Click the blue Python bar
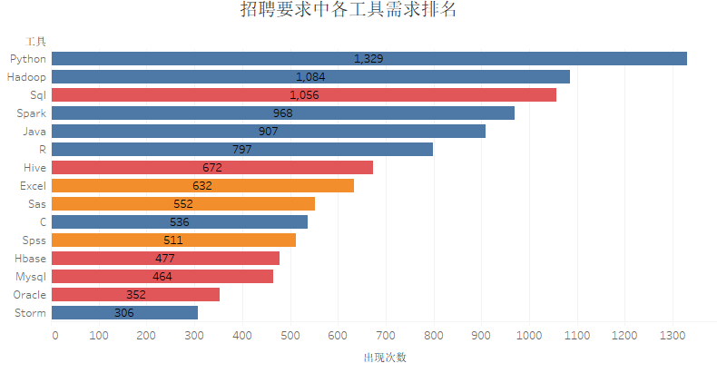(x=369, y=58)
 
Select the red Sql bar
(x=304, y=94)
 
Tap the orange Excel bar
(x=202, y=185)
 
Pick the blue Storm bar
(x=124, y=313)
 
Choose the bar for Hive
(x=212, y=167)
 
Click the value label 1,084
(x=310, y=77)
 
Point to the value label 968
(x=282, y=113)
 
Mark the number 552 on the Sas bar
(x=183, y=204)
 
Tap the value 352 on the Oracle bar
(x=136, y=295)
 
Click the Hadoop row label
(x=26, y=77)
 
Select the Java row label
(x=34, y=132)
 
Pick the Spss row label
(x=34, y=240)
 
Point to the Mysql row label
(x=31, y=277)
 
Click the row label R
(x=43, y=150)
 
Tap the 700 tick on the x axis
(x=386, y=336)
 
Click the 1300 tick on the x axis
(x=673, y=336)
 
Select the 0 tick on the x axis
(x=54, y=336)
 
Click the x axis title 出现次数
(x=385, y=358)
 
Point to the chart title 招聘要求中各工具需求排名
(x=349, y=9)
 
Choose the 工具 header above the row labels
(x=35, y=42)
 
